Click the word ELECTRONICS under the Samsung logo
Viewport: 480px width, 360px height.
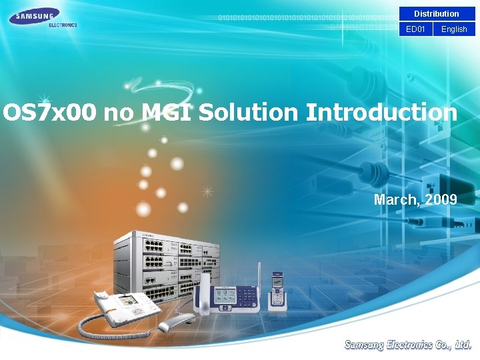tap(63, 25)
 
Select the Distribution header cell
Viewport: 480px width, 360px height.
tap(436, 13)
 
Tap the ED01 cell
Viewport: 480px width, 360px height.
tap(415, 29)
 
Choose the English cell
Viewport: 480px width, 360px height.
tap(454, 29)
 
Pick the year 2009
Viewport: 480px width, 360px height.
tap(442, 199)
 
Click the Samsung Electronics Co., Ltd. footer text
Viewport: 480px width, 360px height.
tap(408, 345)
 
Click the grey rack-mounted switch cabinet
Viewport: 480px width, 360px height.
tap(167, 263)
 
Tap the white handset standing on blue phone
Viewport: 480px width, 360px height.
tap(203, 293)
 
